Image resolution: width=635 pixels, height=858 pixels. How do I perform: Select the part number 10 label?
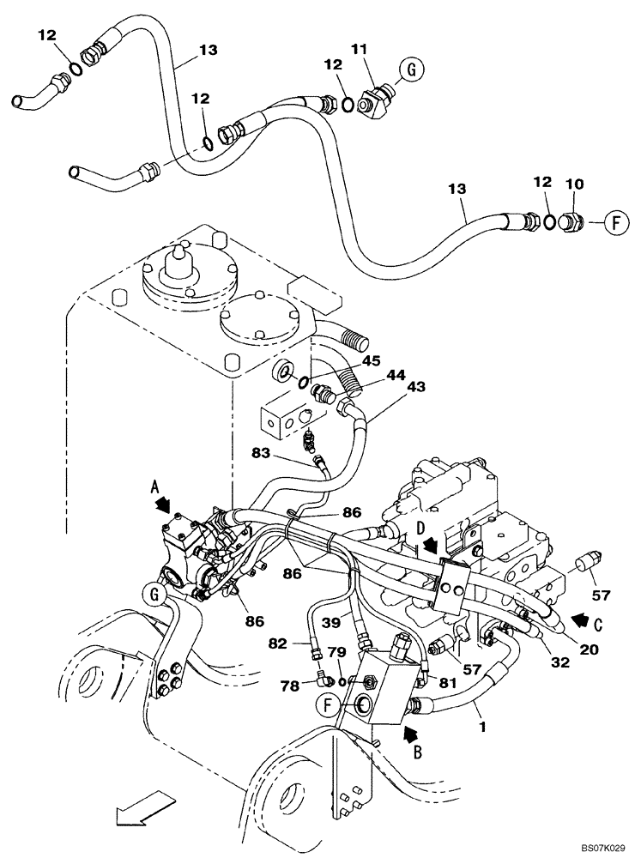[x=572, y=185]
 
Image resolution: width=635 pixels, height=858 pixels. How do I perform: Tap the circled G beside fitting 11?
[x=411, y=71]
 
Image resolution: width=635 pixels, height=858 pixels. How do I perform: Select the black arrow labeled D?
[x=428, y=544]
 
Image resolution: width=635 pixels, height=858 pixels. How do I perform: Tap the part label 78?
[x=289, y=686]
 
